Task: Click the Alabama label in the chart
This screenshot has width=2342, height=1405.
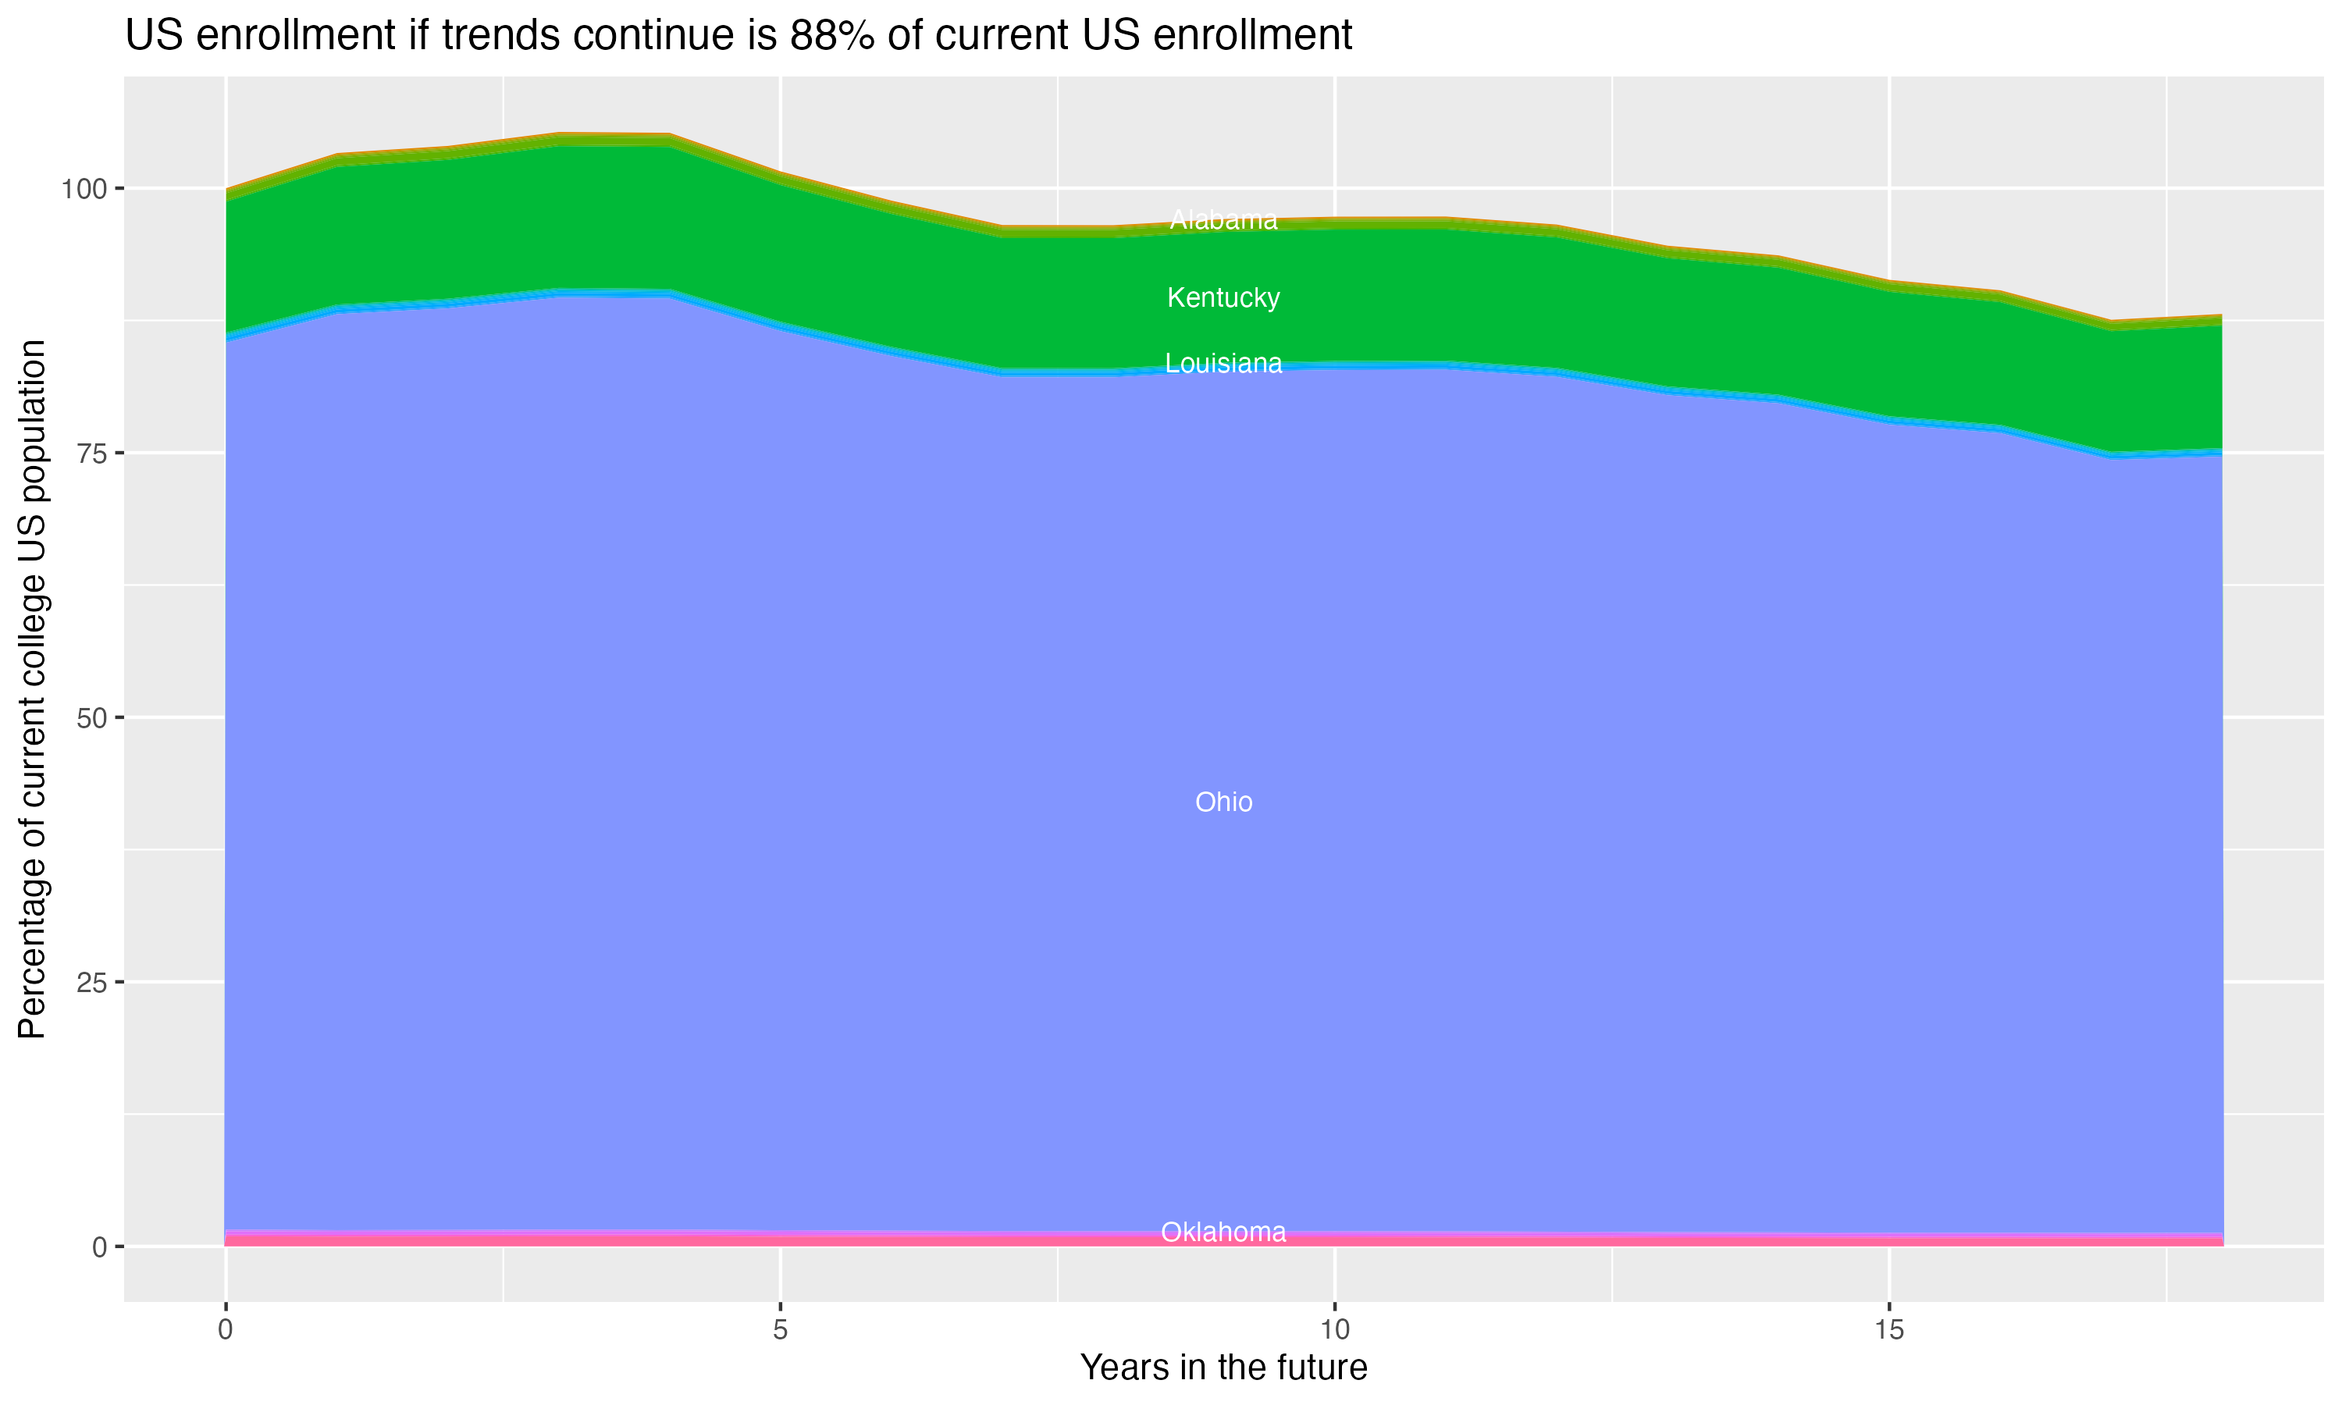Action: pyautogui.click(x=1223, y=219)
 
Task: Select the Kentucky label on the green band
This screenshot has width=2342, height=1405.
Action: pyautogui.click(x=1223, y=297)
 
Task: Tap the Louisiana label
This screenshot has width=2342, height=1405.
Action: pyautogui.click(x=1223, y=364)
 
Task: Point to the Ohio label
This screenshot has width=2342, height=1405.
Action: pyautogui.click(x=1223, y=802)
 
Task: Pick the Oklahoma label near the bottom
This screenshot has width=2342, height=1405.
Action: pyautogui.click(x=1223, y=1232)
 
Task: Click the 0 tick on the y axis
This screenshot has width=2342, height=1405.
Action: pyautogui.click(x=98, y=1247)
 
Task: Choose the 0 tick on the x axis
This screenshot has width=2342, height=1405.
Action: pyautogui.click(x=226, y=1330)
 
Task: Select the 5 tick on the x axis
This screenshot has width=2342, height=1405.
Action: pyautogui.click(x=780, y=1330)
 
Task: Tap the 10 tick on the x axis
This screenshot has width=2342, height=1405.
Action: pyautogui.click(x=1335, y=1330)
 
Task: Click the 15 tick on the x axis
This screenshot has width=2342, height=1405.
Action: pyautogui.click(x=1889, y=1330)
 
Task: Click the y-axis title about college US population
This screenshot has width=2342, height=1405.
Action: pyautogui.click(x=32, y=689)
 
